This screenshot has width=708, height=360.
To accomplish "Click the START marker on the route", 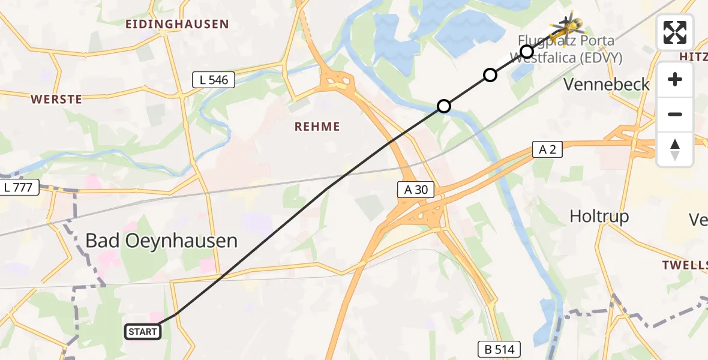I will (x=143, y=331).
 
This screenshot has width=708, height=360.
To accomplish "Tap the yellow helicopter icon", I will (x=566, y=25).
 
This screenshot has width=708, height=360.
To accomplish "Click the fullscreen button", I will (x=675, y=32).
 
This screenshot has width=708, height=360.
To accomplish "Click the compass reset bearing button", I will (x=675, y=149).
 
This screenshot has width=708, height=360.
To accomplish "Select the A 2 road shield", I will (x=547, y=149).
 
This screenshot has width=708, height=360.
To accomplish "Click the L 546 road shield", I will (x=213, y=79).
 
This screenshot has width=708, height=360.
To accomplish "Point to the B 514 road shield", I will (x=499, y=349).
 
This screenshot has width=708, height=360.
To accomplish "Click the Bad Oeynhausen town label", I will (x=161, y=241).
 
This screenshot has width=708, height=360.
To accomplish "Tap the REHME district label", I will (x=317, y=127).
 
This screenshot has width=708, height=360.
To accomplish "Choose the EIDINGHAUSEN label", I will (x=177, y=25).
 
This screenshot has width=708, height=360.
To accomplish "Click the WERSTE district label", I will (x=56, y=100).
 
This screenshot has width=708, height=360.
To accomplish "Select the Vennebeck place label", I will (x=607, y=85).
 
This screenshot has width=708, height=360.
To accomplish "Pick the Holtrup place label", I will (x=599, y=217).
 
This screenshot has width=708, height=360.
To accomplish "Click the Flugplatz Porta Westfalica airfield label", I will (x=566, y=50).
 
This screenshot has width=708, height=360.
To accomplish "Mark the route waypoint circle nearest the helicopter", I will (x=526, y=52).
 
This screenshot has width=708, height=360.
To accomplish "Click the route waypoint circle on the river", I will (x=443, y=106).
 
